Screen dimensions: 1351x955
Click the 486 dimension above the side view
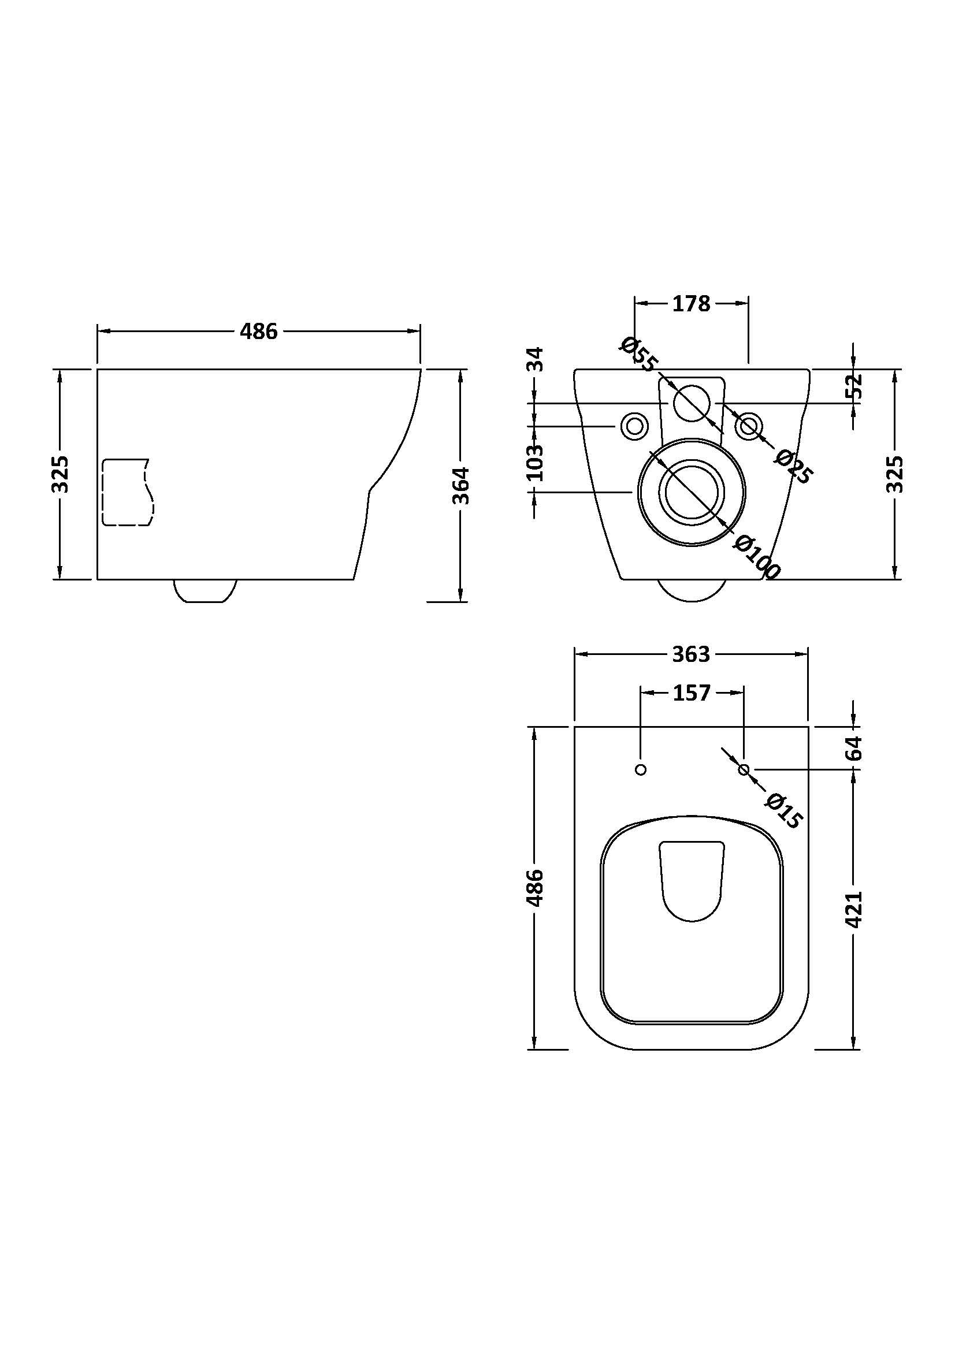pyautogui.click(x=258, y=332)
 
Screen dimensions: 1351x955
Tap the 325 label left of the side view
pyautogui.click(x=61, y=474)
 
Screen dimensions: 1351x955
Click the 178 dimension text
pyautogui.click(x=691, y=304)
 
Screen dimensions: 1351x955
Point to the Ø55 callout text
pyautogui.click(x=637, y=354)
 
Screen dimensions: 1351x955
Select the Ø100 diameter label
pyautogui.click(x=757, y=557)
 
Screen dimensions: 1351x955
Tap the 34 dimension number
pyautogui.click(x=535, y=359)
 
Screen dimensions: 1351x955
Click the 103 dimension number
pyautogui.click(x=535, y=463)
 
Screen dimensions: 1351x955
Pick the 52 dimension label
pyautogui.click(x=855, y=385)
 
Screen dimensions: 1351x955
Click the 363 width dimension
pyautogui.click(x=691, y=654)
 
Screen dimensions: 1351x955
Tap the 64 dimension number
pyautogui.click(x=855, y=747)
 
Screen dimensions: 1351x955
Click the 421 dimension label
pyautogui.click(x=855, y=909)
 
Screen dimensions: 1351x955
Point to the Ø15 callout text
pyautogui.click(x=785, y=812)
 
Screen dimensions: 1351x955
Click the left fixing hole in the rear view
pyautogui.click(x=634, y=426)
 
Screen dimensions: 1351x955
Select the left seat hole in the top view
pyautogui.click(x=641, y=769)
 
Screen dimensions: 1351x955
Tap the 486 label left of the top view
pyautogui.click(x=535, y=887)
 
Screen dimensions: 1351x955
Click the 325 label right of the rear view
pyautogui.click(x=894, y=474)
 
